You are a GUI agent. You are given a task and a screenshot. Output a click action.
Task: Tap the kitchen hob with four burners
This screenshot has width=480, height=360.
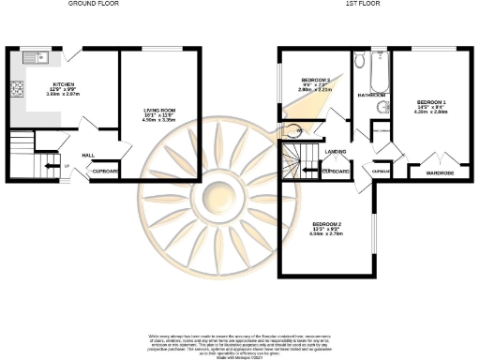point(16,90)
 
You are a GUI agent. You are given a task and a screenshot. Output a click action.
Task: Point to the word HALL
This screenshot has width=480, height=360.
point(87,155)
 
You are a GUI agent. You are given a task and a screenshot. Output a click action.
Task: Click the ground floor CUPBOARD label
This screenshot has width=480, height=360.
point(104,172)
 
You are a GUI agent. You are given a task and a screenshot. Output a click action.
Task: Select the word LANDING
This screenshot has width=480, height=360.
point(337,152)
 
